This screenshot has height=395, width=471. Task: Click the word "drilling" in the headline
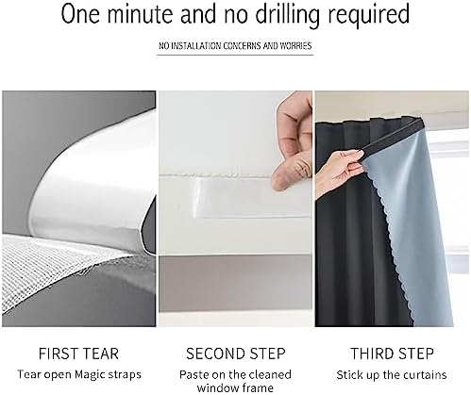tap(287, 13)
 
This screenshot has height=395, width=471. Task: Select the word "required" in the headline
tap(368, 14)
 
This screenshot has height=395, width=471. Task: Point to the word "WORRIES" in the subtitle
tap(295, 46)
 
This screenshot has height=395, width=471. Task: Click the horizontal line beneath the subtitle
tap(235, 55)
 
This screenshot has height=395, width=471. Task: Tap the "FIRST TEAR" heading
tap(78, 354)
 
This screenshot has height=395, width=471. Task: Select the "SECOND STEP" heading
tap(236, 354)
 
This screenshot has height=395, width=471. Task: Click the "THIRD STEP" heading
tap(392, 354)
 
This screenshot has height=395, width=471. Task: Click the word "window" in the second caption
tap(217, 387)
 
